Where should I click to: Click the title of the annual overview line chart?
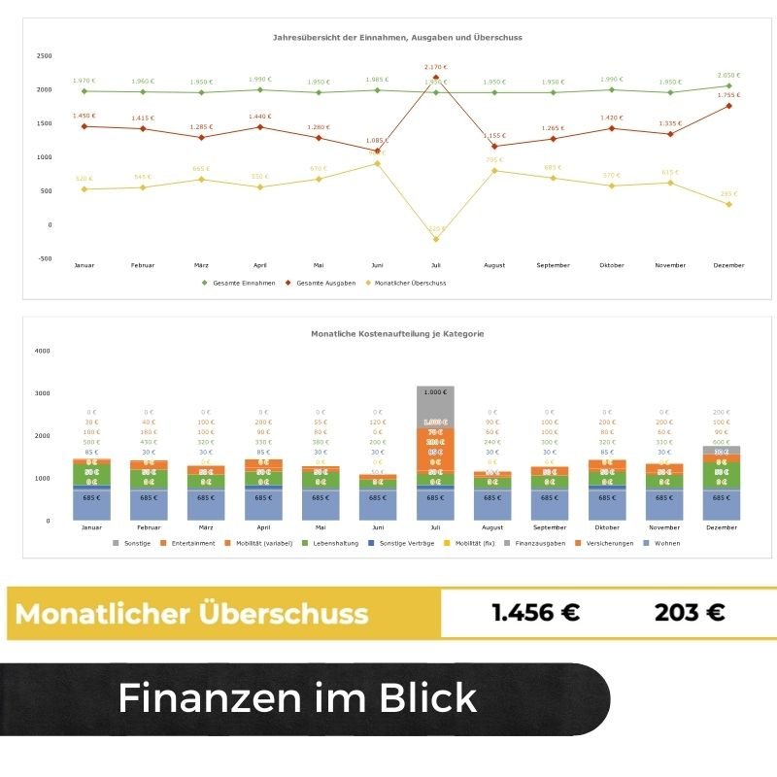click(397, 38)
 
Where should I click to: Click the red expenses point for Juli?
click(435, 78)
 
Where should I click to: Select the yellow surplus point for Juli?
click(435, 239)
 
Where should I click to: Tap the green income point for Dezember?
click(728, 85)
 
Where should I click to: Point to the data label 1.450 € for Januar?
click(84, 117)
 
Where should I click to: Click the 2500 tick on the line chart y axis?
click(45, 55)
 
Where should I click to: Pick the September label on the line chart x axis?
click(553, 265)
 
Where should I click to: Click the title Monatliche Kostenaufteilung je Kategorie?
click(397, 333)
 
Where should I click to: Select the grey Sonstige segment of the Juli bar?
click(435, 405)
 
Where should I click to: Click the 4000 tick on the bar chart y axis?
click(42, 351)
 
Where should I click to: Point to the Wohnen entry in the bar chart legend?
click(665, 543)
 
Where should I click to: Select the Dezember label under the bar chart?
click(721, 528)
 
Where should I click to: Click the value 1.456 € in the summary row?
click(535, 613)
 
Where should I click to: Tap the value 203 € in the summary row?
click(690, 613)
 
